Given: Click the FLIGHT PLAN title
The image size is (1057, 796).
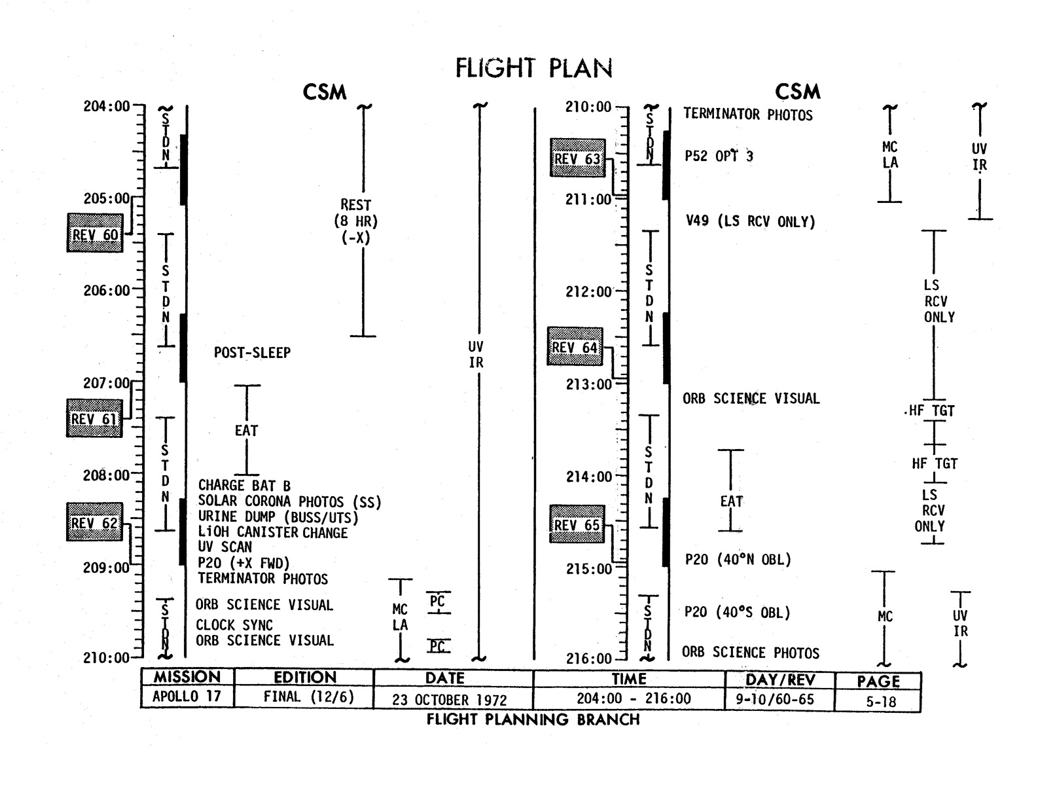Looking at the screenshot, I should [x=533, y=68].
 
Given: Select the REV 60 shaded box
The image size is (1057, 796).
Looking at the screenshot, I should [x=95, y=233].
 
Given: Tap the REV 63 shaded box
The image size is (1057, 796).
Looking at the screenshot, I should [x=577, y=158].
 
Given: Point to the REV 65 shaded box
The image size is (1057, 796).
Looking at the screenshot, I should [x=576, y=525].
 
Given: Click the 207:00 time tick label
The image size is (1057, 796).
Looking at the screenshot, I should [x=106, y=383].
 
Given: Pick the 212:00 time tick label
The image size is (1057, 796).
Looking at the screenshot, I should [x=588, y=291].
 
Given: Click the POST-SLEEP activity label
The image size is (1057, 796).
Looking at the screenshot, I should [x=252, y=353].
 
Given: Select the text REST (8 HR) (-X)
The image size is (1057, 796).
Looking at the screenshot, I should [x=355, y=221].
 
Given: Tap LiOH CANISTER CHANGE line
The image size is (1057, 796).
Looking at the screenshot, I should [x=272, y=532].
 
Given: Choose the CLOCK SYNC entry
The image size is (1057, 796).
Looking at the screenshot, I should [x=234, y=625].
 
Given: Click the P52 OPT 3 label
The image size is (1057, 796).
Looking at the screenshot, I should [x=718, y=156].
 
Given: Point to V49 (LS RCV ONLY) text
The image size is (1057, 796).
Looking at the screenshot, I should [x=750, y=221].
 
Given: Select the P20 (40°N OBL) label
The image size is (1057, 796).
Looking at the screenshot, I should [x=738, y=560].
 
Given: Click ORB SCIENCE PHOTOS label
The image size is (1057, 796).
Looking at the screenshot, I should [x=750, y=652].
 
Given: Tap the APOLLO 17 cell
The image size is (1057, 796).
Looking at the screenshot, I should [x=187, y=696].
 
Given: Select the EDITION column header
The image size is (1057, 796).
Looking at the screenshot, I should [x=304, y=678].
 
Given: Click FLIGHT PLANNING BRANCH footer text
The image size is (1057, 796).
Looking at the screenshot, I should [x=533, y=719].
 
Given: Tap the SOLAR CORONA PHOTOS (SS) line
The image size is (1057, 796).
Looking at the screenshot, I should [x=289, y=502].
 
